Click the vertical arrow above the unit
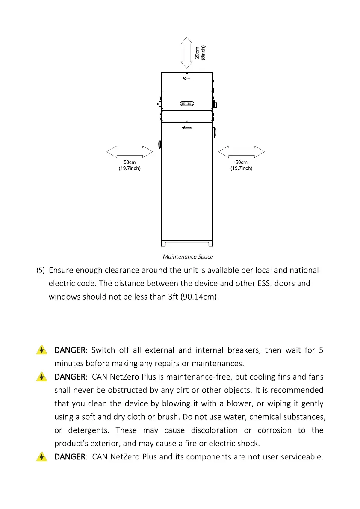[186, 53]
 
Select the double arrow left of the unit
[130, 152]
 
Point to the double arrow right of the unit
[242, 152]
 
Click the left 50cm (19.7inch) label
[130, 165]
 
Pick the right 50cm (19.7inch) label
[242, 165]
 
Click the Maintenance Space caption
[188, 257]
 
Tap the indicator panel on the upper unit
[187, 103]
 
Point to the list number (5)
[40, 271]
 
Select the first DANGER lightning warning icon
[41, 350]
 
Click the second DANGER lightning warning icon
[41, 377]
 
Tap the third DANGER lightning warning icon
[41, 457]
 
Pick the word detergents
[89, 430]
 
